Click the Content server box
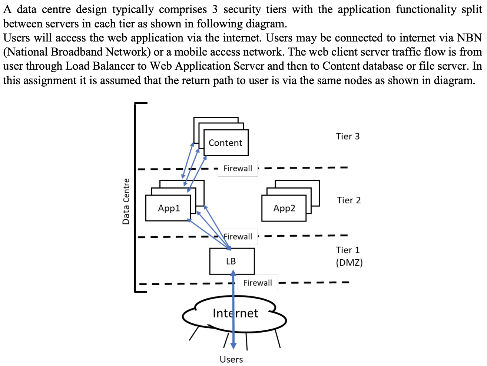click(225, 143)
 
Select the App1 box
click(168, 208)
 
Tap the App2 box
click(284, 208)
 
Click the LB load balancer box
click(232, 261)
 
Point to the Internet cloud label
click(235, 313)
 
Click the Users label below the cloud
click(231, 359)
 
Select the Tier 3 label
click(348, 136)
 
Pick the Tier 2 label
click(348, 200)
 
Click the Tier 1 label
click(348, 250)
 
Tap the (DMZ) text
click(349, 263)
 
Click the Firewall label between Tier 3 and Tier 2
click(238, 169)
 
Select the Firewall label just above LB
click(238, 236)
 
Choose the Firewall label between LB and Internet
click(258, 283)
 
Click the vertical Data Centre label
click(126, 201)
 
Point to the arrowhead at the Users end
click(233, 346)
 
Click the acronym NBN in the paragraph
click(469, 38)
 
